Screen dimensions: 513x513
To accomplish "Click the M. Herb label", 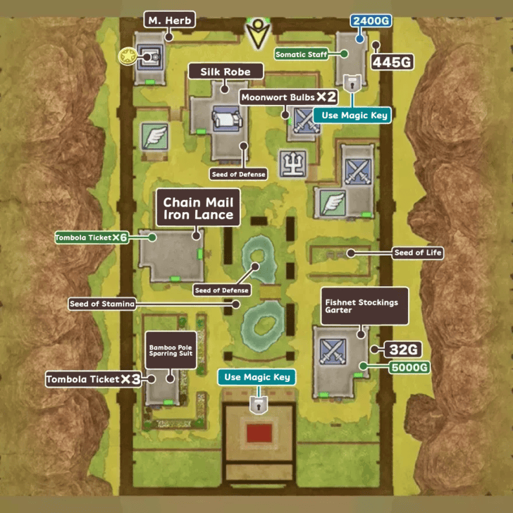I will point(168,20).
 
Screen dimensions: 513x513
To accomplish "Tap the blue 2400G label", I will point(371,21).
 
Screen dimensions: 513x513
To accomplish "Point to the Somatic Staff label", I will point(302,54).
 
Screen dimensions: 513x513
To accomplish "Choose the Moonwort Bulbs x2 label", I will point(289,97).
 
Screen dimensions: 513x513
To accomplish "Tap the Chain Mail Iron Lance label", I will point(198,209).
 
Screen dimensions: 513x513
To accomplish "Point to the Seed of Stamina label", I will point(101,304).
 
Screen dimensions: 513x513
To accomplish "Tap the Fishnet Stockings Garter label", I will point(364,307).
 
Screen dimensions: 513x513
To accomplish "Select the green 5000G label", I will point(409,366).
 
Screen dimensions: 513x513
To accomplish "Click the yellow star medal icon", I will point(128,54).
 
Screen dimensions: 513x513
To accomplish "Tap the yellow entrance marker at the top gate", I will point(256,32).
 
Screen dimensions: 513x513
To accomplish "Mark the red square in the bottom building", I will point(256,431).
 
